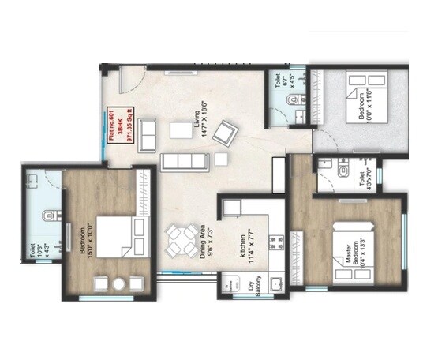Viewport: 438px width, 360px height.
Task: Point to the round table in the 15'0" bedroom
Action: point(119,284)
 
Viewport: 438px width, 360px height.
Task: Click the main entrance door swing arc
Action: point(131,79)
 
